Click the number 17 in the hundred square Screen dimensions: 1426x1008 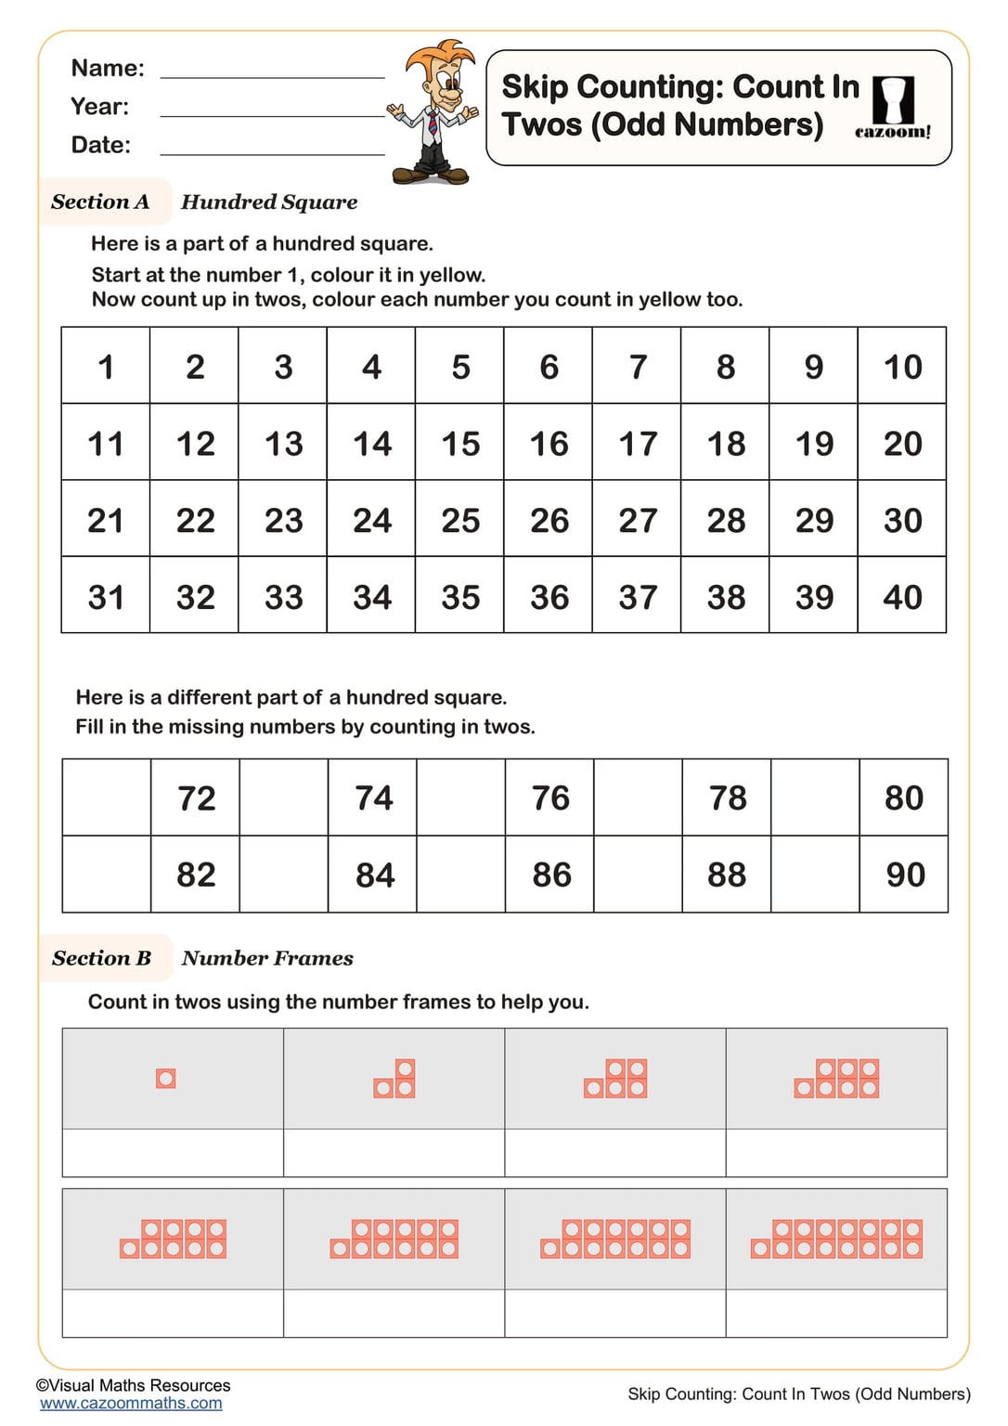[x=637, y=443]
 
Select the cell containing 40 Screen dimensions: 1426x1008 [x=902, y=596]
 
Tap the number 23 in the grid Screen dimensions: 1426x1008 [x=283, y=520]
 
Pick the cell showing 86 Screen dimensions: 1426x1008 [x=550, y=875]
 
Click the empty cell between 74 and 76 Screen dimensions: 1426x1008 [x=460, y=797]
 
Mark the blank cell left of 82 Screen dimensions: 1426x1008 [x=107, y=875]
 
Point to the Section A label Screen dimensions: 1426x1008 [x=100, y=201]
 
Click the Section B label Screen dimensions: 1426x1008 [x=101, y=958]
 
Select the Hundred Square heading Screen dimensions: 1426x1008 [x=269, y=201]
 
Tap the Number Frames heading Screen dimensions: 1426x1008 [x=267, y=958]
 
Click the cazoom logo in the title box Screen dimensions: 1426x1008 [x=893, y=108]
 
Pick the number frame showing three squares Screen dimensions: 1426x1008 [x=394, y=1079]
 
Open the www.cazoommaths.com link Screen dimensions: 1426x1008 [x=131, y=1404]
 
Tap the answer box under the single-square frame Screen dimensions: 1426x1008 [x=173, y=1153]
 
